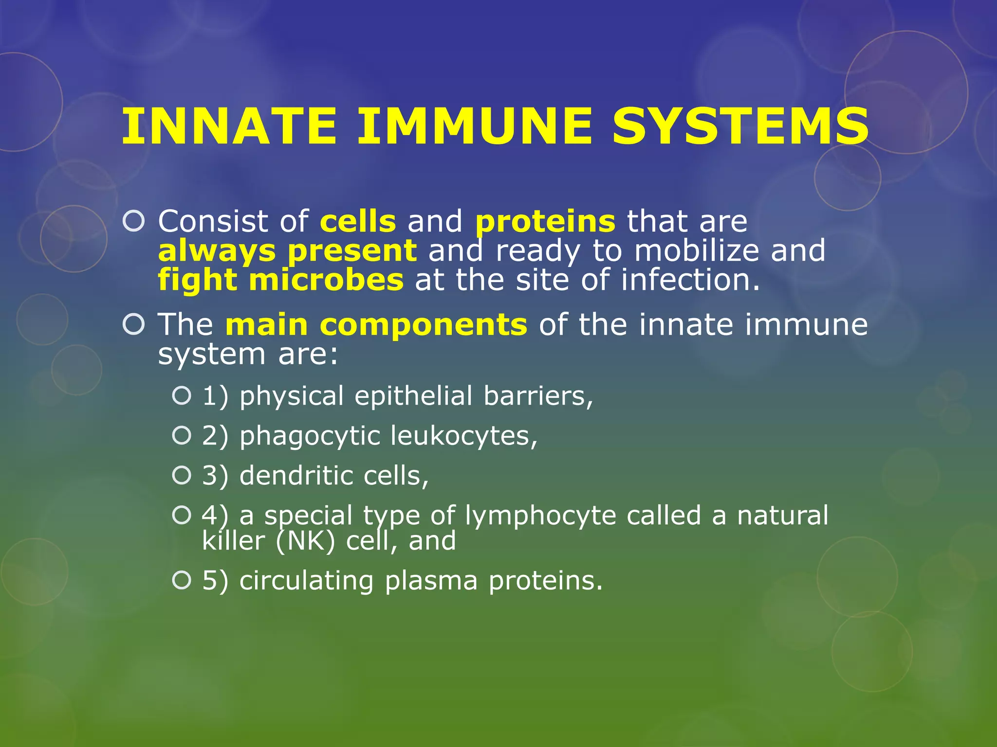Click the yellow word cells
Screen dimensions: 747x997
358,221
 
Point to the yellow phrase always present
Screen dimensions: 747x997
287,251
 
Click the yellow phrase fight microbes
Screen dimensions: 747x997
281,281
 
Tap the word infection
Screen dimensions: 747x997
690,281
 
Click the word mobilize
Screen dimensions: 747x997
697,251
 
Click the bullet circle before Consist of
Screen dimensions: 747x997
134,221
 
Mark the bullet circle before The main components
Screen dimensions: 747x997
134,324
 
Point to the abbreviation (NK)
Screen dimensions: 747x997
305,541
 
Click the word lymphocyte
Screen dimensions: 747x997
540,516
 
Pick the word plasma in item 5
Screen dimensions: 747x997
431,581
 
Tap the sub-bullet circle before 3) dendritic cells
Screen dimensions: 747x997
182,475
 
